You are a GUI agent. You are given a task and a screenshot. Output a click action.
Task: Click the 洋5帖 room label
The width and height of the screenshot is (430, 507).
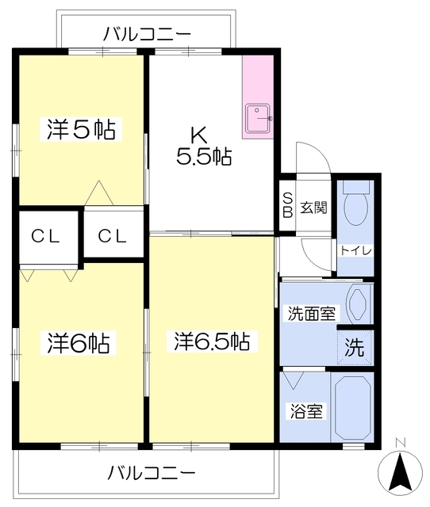tap(81, 129)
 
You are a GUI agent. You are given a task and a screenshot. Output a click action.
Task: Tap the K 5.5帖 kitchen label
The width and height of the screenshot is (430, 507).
tap(203, 146)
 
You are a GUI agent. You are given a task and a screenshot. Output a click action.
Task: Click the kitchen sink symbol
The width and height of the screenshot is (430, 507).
tap(258, 119)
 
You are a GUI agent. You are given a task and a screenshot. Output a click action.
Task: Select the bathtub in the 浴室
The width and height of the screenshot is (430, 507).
tap(352, 406)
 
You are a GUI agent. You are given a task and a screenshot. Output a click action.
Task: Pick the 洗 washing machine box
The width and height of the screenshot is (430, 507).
tap(355, 346)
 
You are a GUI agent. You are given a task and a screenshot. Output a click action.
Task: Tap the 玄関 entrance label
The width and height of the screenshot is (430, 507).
tap(313, 208)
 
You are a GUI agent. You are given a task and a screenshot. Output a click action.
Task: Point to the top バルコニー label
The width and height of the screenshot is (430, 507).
tap(148, 34)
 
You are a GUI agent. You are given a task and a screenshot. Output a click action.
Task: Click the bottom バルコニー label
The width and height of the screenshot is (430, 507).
tap(151, 473)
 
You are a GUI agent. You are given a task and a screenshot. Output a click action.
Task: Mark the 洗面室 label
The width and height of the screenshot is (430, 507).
tap(310, 313)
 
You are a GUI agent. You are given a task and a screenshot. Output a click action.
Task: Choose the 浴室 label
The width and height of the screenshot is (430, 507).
tap(305, 412)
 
